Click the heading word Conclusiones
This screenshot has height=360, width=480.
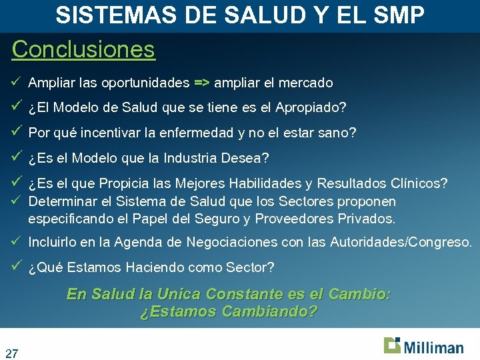point(83,49)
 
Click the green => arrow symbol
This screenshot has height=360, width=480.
point(201,83)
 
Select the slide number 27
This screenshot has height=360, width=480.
point(11,353)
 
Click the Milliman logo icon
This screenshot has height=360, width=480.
point(392,345)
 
